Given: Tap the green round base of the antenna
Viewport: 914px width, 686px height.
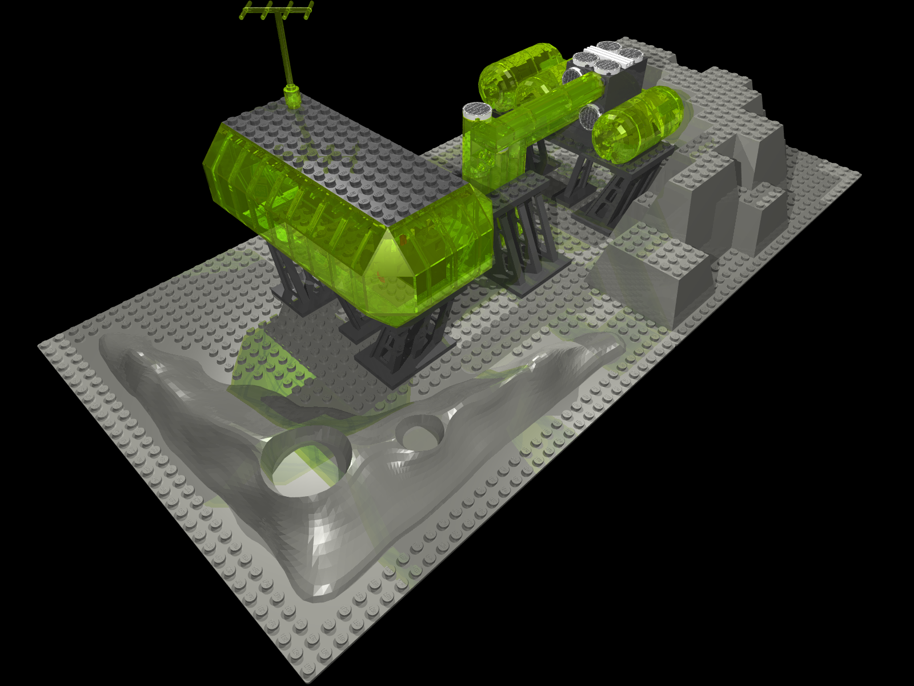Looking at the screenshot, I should (x=292, y=97).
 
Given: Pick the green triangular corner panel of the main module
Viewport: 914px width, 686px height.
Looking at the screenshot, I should (x=388, y=257).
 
